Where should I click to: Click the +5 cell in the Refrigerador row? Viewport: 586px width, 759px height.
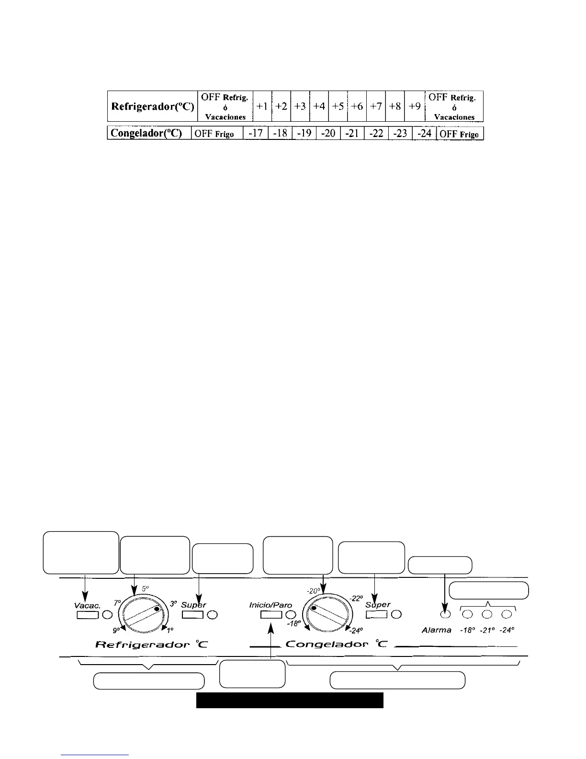(338, 106)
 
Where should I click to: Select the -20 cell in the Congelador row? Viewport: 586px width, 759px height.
(328, 133)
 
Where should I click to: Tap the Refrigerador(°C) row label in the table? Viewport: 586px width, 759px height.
(152, 106)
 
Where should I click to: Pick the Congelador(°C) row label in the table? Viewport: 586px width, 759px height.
(148, 133)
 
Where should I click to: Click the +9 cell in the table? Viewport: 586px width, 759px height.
(415, 106)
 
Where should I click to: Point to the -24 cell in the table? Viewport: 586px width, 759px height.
(424, 133)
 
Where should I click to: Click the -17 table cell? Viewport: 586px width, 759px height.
(255, 133)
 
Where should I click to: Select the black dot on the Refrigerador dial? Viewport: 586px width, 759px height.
(157, 609)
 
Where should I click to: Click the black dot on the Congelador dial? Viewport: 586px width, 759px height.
(314, 609)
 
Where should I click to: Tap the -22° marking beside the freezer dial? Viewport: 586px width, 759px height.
(356, 598)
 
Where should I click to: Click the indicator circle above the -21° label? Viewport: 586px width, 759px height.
(487, 614)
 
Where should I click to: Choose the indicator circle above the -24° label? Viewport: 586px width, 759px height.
(507, 614)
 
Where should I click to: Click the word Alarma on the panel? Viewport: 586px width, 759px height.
(436, 630)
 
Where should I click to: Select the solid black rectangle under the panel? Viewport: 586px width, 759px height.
(290, 700)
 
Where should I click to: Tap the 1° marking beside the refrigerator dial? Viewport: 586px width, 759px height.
(171, 630)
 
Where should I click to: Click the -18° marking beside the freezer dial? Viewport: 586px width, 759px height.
(294, 624)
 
